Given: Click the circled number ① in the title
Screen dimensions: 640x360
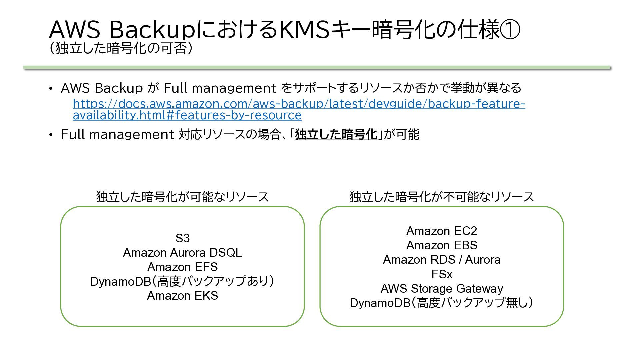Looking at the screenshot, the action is [510, 29].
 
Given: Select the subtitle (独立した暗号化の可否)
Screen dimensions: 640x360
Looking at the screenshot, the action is [121, 48].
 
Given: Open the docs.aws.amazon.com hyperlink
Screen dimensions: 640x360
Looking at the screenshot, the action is [299, 109].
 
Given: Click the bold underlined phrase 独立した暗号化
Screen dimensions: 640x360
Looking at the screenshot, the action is [336, 134].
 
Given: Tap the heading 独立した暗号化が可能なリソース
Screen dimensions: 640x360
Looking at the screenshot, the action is [182, 197].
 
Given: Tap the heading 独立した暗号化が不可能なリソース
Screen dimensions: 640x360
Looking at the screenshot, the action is [442, 197].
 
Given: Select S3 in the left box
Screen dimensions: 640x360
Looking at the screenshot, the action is [182, 238].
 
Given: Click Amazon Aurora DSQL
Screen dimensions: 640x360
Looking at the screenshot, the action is [182, 252].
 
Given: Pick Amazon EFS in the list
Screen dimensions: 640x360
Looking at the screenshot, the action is [182, 267].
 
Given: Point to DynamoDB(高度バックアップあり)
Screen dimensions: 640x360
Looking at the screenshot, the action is [182, 281].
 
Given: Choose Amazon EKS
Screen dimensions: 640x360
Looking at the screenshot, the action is [182, 296].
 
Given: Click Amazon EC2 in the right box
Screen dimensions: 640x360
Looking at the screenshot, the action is [442, 231].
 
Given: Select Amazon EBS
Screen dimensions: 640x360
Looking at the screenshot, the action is [442, 245].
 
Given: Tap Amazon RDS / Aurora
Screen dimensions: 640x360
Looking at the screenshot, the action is [442, 260].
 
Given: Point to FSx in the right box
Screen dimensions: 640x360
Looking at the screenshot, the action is [442, 274].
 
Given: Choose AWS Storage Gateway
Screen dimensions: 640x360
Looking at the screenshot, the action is [442, 288].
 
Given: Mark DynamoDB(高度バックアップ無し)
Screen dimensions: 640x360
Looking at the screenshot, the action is [442, 303].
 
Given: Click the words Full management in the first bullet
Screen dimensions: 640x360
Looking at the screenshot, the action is [220, 88].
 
